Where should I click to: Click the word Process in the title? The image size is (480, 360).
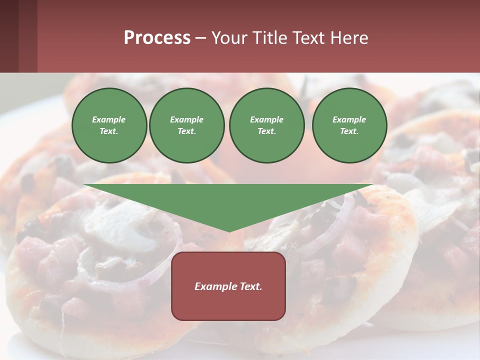tap(157, 38)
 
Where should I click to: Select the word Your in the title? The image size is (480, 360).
tap(229, 38)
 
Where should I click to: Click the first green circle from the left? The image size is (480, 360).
tap(109, 125)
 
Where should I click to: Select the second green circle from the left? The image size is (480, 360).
tap(187, 125)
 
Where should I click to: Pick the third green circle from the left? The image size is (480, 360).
tap(267, 125)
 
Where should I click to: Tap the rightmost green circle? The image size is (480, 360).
tap(349, 125)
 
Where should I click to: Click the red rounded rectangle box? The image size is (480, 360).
tap(228, 305)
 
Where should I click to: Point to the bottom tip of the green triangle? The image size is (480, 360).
tap(229, 231)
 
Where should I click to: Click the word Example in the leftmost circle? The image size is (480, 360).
tap(109, 119)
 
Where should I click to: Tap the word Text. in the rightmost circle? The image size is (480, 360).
tap(349, 131)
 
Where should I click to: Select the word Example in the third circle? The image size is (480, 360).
tap(267, 119)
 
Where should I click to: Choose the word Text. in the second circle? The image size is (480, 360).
tap(187, 131)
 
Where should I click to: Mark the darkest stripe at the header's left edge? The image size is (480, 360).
tap(9, 36)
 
